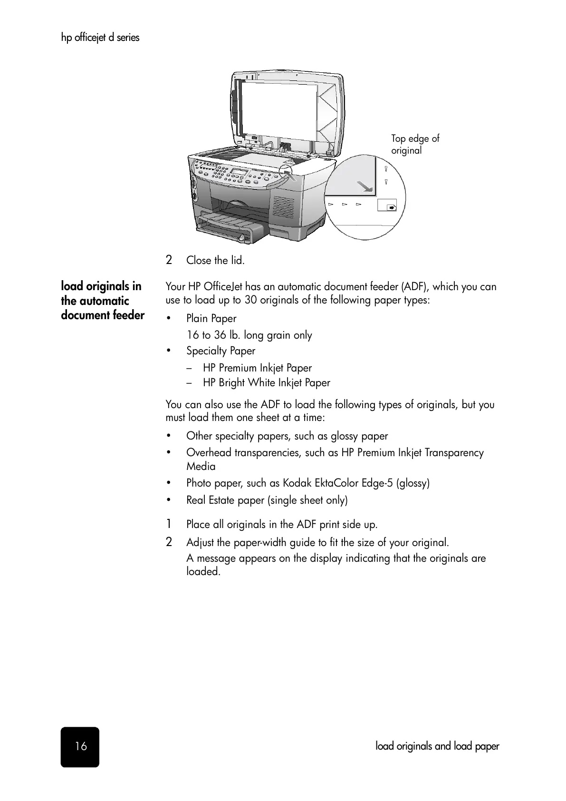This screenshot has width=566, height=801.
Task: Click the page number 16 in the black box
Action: [80, 746]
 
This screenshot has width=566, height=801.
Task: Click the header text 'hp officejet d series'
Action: [100, 38]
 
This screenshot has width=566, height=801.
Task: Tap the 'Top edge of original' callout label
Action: [414, 144]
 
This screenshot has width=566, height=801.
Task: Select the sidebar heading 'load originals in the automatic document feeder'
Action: [102, 301]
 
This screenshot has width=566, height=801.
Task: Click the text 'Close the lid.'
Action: [215, 260]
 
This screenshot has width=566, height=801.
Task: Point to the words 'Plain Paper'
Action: [211, 318]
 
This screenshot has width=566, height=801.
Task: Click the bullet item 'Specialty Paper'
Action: [221, 351]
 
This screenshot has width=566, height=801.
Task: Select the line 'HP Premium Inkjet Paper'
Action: [257, 368]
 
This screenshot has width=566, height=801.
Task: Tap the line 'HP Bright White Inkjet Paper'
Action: [266, 382]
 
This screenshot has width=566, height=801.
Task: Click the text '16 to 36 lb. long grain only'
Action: [249, 335]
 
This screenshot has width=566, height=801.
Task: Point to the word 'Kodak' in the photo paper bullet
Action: [297, 483]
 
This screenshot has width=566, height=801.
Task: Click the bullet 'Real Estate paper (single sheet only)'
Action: [267, 500]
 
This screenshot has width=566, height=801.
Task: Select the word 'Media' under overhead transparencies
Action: [201, 466]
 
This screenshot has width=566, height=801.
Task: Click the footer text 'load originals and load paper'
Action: [437, 746]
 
